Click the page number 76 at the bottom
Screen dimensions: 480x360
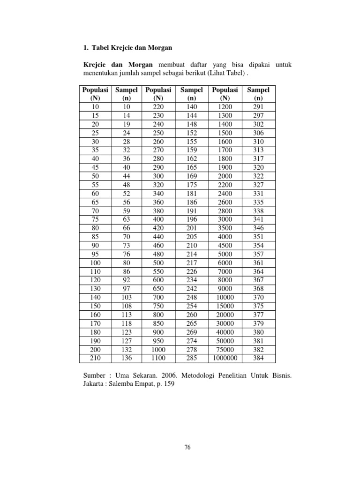pos(187,447)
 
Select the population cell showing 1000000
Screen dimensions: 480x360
pos(225,359)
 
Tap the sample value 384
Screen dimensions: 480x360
pos(258,359)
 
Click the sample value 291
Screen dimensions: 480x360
pos(258,107)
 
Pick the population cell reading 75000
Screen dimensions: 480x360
pos(225,350)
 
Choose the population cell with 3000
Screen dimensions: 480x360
pos(225,219)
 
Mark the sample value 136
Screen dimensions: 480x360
pos(126,359)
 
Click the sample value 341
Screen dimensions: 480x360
pos(258,219)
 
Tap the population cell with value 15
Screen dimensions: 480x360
pos(95,115)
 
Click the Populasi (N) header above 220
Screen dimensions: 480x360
pos(158,94)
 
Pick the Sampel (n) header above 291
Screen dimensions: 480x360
pos(258,94)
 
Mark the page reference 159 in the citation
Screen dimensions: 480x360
pos(174,385)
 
